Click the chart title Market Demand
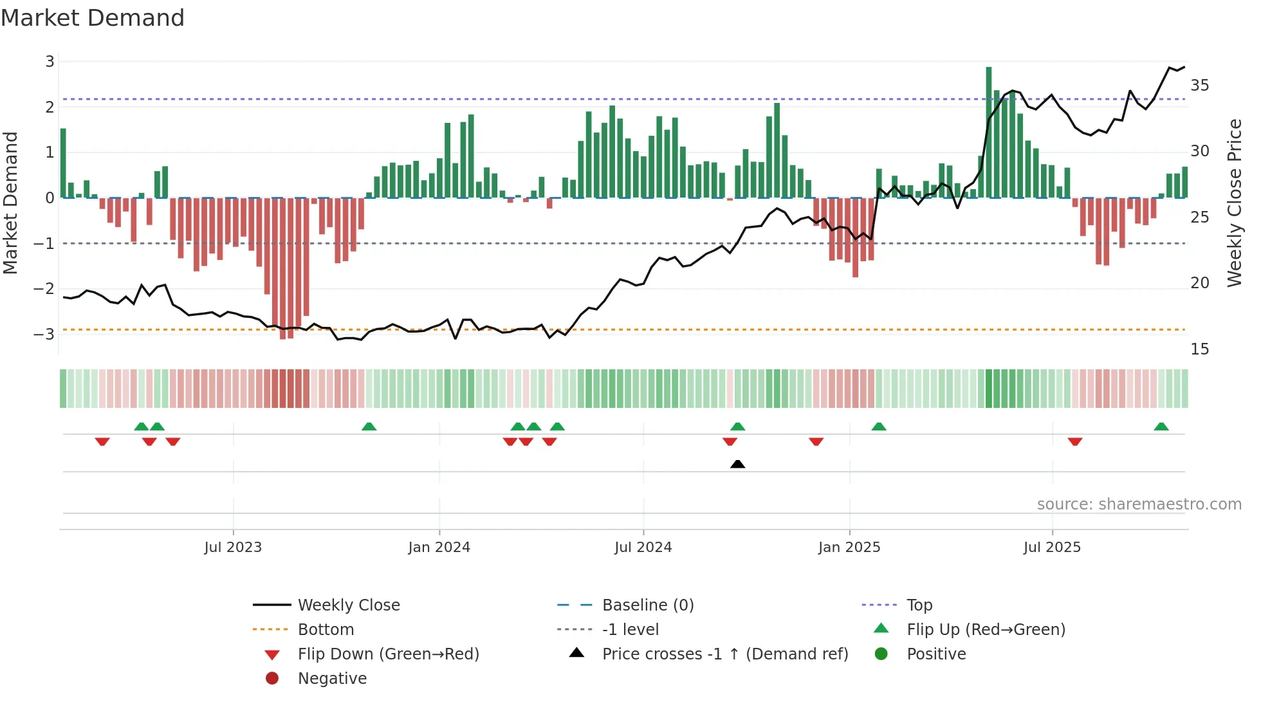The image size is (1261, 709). [93, 18]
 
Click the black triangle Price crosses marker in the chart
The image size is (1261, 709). [738, 464]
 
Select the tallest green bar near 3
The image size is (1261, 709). [989, 132]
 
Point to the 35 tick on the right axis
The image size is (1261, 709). [1199, 86]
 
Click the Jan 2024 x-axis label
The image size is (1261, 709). [439, 548]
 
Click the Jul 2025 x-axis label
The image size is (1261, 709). [1052, 548]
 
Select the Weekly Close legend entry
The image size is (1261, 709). [348, 605]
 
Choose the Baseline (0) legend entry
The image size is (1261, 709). [647, 605]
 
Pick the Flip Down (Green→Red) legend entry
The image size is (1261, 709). [388, 654]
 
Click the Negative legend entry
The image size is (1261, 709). [332, 678]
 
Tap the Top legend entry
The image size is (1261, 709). [919, 605]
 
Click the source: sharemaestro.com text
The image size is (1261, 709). [1139, 504]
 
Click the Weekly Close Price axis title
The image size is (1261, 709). [1234, 203]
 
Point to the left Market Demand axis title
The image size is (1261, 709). [10, 203]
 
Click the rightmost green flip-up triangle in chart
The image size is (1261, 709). [1161, 427]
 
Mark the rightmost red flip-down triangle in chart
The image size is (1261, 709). [1075, 441]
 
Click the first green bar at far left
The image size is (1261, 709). [63, 163]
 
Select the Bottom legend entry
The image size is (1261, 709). [326, 629]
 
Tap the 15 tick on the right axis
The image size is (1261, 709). [1199, 349]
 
